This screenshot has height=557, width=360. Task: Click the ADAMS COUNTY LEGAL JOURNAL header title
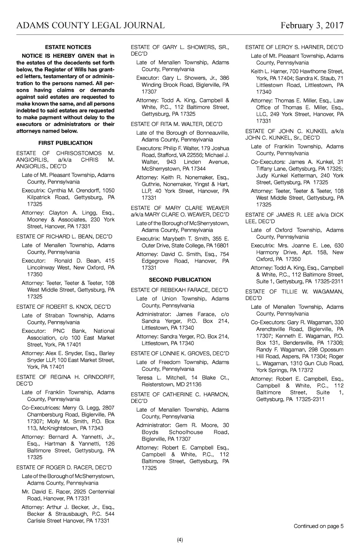[x=90, y=25]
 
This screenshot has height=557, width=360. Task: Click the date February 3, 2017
[x=312, y=25]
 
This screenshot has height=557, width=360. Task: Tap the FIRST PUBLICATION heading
[x=65, y=143]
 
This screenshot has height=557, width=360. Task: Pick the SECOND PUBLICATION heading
[x=180, y=280]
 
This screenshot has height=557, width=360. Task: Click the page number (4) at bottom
[x=180, y=540]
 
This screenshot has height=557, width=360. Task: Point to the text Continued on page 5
[x=319, y=526]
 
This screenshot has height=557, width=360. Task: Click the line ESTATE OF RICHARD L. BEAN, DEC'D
[x=64, y=236]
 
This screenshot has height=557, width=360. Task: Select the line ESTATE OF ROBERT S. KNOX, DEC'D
[x=64, y=307]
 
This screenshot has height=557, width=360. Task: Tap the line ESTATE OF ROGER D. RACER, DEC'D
[x=64, y=467]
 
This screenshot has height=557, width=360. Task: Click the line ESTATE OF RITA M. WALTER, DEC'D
[x=176, y=124]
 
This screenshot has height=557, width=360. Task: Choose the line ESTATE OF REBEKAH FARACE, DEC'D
[x=179, y=290]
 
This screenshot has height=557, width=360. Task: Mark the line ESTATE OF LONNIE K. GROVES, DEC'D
[x=180, y=353]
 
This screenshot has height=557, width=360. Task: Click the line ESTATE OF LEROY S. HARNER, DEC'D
[x=294, y=47]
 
